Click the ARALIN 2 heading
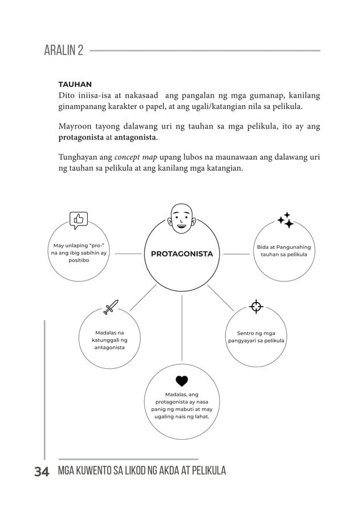[x=63, y=51]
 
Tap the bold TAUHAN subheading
[x=75, y=85]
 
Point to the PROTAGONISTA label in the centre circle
[x=181, y=254]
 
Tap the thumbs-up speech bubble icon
[x=78, y=220]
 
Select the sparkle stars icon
[x=285, y=220]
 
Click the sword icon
[x=110, y=307]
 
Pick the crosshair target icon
[x=256, y=307]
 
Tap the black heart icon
[x=181, y=381]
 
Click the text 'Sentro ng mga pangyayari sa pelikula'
[x=256, y=337]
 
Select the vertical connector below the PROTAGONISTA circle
[x=182, y=328]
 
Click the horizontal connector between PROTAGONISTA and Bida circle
[x=236, y=254]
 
